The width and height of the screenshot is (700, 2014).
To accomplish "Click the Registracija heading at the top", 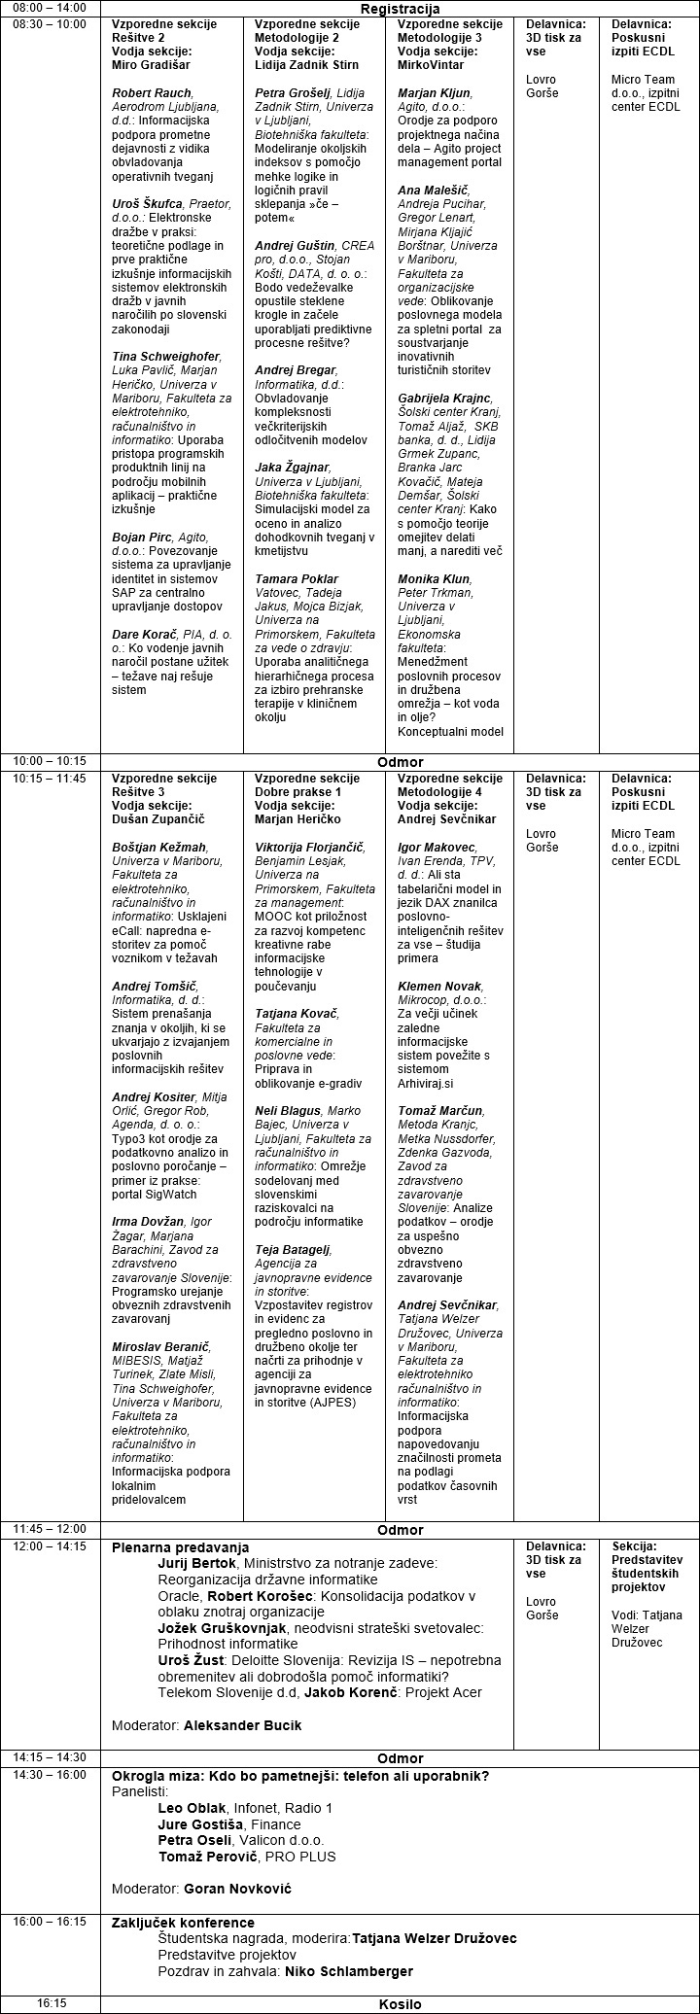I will [399, 8].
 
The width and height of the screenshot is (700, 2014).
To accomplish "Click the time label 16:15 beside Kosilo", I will [52, 2004].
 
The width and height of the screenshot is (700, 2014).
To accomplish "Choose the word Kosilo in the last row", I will [400, 2004].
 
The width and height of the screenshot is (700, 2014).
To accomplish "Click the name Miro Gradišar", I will [151, 65].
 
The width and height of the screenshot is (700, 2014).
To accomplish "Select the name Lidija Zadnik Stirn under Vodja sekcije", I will [306, 65].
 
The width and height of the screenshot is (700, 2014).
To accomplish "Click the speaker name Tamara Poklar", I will [297, 579].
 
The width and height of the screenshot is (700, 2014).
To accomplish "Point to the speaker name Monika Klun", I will [433, 579].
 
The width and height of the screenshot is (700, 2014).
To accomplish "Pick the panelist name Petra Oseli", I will [194, 1840].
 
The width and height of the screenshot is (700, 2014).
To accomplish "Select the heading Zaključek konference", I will [183, 1923].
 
